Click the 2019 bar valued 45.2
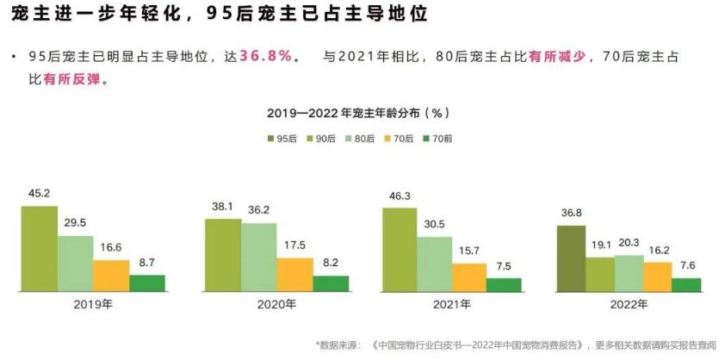pos(40,248)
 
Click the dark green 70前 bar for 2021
pos(504,285)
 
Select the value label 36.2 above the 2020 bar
pos(259,209)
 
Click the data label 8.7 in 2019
pos(146,262)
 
